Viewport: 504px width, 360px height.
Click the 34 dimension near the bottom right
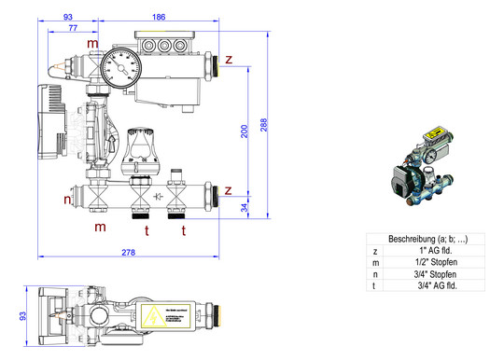245,206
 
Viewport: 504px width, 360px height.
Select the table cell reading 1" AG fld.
431,251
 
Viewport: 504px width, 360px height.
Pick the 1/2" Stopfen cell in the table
431,263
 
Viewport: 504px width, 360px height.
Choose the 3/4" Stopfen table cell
431,275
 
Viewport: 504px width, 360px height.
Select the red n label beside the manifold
67,200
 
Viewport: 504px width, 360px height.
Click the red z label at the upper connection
228,61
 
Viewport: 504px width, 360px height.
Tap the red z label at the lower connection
228,190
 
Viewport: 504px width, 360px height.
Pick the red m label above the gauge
91,44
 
